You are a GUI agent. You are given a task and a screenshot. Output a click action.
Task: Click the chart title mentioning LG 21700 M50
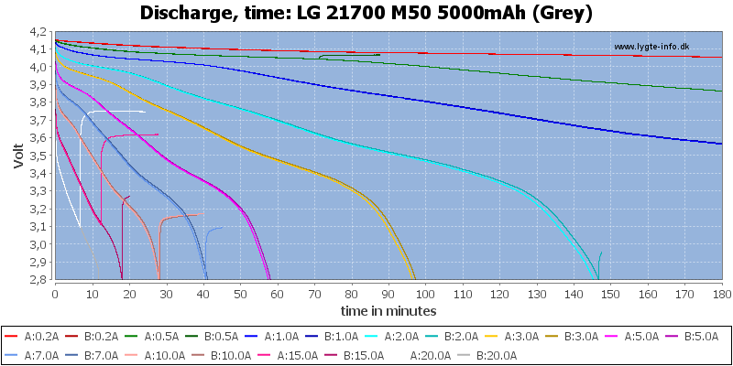click(x=366, y=14)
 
